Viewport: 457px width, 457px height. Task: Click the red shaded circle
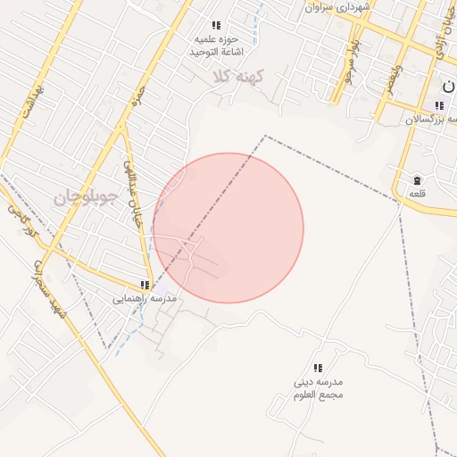pyautogui.click(x=228, y=228)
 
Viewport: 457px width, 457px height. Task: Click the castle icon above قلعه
pyautogui.click(x=417, y=180)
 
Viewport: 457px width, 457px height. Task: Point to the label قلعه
pyautogui.click(x=417, y=194)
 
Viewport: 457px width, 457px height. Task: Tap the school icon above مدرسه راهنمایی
pyautogui.click(x=145, y=285)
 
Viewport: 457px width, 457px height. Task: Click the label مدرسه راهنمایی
pyautogui.click(x=145, y=298)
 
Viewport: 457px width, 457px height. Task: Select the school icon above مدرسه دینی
pyautogui.click(x=318, y=368)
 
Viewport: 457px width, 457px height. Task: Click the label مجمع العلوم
pyautogui.click(x=319, y=394)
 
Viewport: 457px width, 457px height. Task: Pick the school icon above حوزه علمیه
pyautogui.click(x=215, y=26)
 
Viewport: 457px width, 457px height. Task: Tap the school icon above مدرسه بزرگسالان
pyautogui.click(x=438, y=105)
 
